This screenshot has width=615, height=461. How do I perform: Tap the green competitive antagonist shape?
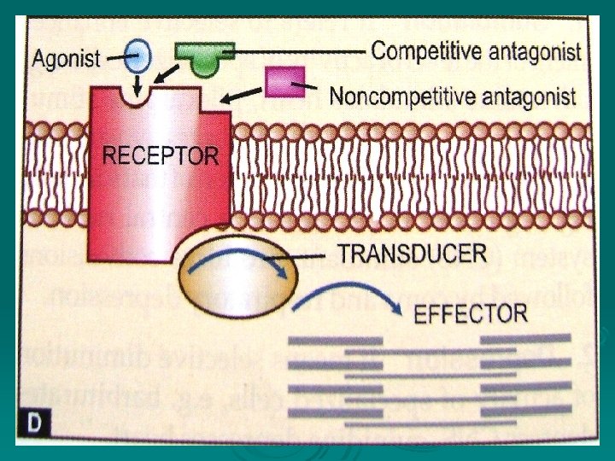204,58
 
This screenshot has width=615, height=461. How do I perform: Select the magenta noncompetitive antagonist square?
278,82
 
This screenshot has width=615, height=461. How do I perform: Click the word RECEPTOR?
161,156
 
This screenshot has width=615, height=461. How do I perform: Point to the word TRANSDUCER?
413,254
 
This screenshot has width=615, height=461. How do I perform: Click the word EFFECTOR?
470,313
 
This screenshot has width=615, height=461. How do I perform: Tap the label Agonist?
67,60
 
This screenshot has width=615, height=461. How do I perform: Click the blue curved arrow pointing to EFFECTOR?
346,299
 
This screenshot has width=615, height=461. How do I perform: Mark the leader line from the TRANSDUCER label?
299,254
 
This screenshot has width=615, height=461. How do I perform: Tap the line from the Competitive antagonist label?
299,51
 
